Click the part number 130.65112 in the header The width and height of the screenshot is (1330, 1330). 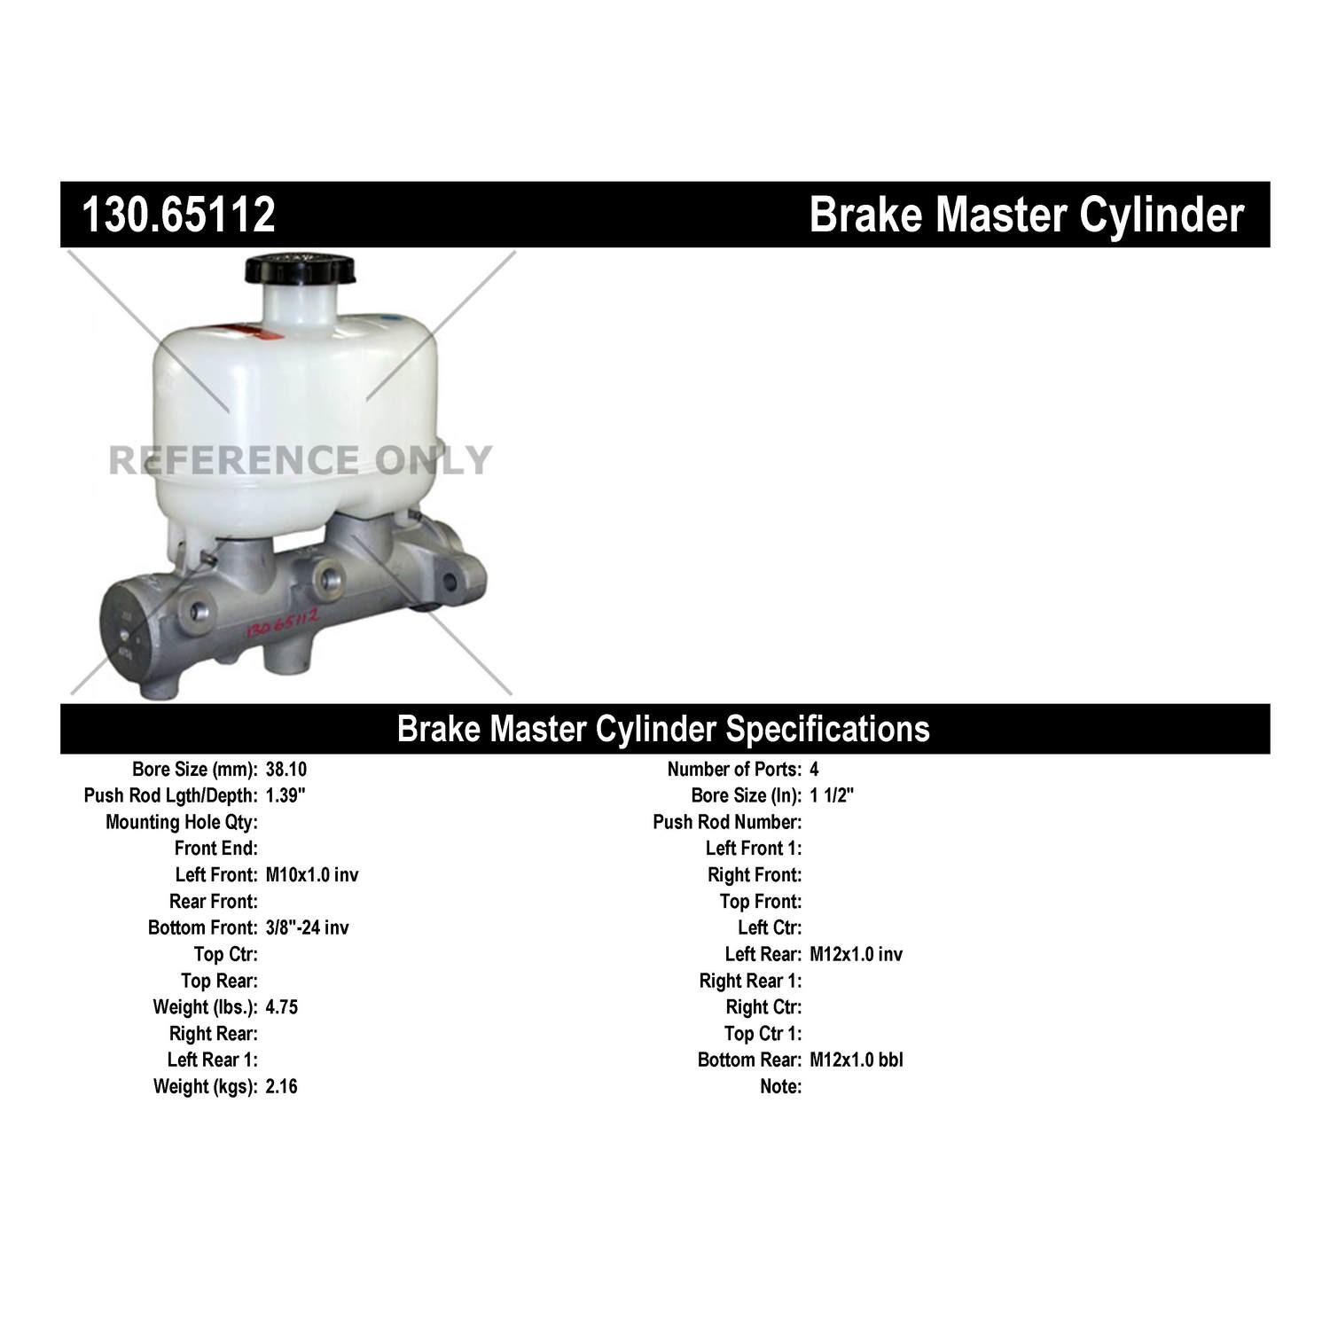pos(178,215)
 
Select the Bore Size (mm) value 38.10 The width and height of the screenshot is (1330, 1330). pos(286,770)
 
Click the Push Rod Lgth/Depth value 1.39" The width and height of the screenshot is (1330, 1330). pos(286,795)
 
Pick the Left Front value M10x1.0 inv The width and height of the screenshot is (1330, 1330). pos(312,875)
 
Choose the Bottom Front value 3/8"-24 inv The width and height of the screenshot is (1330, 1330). pos(307,927)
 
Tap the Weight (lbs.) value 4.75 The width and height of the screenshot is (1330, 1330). pos(281,1007)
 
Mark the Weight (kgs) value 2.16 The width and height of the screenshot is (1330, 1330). pos(281,1086)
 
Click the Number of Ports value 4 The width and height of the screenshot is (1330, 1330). pos(814,770)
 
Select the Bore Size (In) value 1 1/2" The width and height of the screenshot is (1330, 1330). pos(832,795)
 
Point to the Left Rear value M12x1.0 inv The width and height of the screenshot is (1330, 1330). pos(856,954)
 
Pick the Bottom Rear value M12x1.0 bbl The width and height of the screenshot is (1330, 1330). pos(856,1060)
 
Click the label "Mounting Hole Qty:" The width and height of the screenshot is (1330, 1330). pos(182,823)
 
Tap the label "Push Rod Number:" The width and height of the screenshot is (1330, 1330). pos(727,823)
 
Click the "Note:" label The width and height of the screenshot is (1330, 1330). pos(780,1086)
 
